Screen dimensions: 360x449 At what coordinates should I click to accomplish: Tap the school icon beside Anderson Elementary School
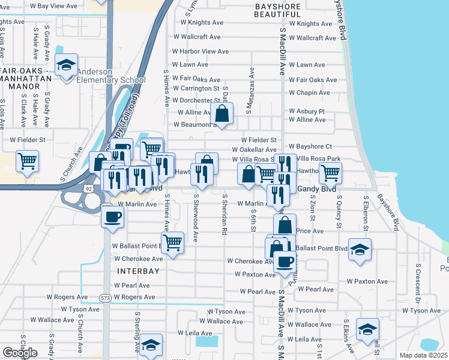pos(66,65)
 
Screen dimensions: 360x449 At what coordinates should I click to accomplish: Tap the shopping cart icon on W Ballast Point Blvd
pos(173,243)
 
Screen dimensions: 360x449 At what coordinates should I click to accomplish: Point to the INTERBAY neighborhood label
pos(128,271)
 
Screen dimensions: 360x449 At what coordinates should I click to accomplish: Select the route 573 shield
pos(106,298)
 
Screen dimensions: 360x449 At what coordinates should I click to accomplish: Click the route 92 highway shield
pos(89,188)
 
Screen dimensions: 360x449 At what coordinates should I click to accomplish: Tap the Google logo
pos(20,352)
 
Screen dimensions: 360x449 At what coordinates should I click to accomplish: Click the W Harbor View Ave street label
pos(196,52)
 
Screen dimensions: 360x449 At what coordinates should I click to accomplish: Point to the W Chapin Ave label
pos(309,93)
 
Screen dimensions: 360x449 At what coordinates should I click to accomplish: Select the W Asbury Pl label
pos(306,112)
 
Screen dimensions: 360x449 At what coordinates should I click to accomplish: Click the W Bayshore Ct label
pos(310,146)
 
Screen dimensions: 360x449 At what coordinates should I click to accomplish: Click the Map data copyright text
pos(423,355)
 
